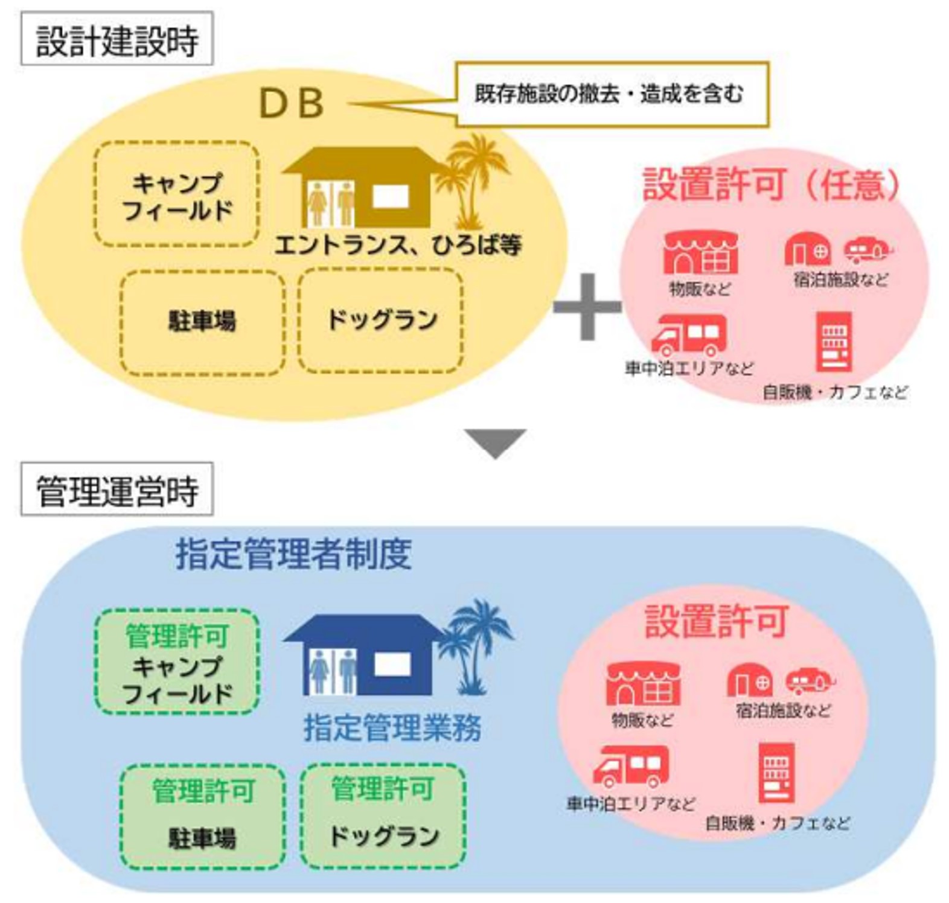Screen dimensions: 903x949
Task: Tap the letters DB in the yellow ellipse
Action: (292, 103)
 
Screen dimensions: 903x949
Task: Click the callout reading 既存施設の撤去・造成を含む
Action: (612, 94)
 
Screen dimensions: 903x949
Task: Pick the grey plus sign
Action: (587, 307)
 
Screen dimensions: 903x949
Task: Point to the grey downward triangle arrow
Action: (496, 442)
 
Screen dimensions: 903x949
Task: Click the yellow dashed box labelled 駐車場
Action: (202, 322)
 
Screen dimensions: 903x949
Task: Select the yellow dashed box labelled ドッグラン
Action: (381, 320)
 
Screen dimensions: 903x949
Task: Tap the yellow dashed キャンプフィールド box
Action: (177, 194)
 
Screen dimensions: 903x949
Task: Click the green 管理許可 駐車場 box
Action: (202, 816)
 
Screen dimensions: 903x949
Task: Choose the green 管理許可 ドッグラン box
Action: (383, 815)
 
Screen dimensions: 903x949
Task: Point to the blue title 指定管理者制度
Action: (293, 554)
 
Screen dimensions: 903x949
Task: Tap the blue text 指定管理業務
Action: (392, 727)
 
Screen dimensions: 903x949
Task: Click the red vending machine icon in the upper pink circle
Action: (834, 341)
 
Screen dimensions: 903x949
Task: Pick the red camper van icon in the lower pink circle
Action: (631, 765)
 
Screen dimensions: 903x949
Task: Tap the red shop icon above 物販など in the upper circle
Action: (700, 253)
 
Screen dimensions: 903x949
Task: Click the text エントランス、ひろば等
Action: (398, 245)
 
